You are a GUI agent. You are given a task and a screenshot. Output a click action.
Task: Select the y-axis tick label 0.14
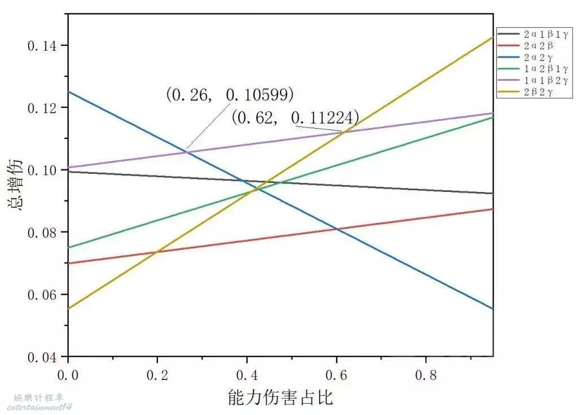click(x=41, y=45)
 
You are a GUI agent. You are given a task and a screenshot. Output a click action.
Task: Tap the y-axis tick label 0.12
click(x=41, y=108)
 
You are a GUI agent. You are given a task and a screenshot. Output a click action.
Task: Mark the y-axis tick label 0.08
click(x=41, y=233)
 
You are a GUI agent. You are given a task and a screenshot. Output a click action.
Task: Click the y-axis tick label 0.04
click(x=41, y=357)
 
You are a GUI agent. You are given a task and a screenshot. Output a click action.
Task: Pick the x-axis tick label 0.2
click(x=158, y=375)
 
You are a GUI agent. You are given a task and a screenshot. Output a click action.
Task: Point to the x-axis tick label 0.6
click(x=337, y=375)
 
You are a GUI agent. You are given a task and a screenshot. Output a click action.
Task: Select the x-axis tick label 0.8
click(x=426, y=375)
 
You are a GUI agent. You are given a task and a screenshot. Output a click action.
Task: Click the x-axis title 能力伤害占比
click(x=280, y=397)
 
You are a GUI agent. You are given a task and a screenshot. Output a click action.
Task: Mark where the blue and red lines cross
click(x=337, y=229)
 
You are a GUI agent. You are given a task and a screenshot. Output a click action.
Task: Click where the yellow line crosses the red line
click(x=156, y=251)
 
